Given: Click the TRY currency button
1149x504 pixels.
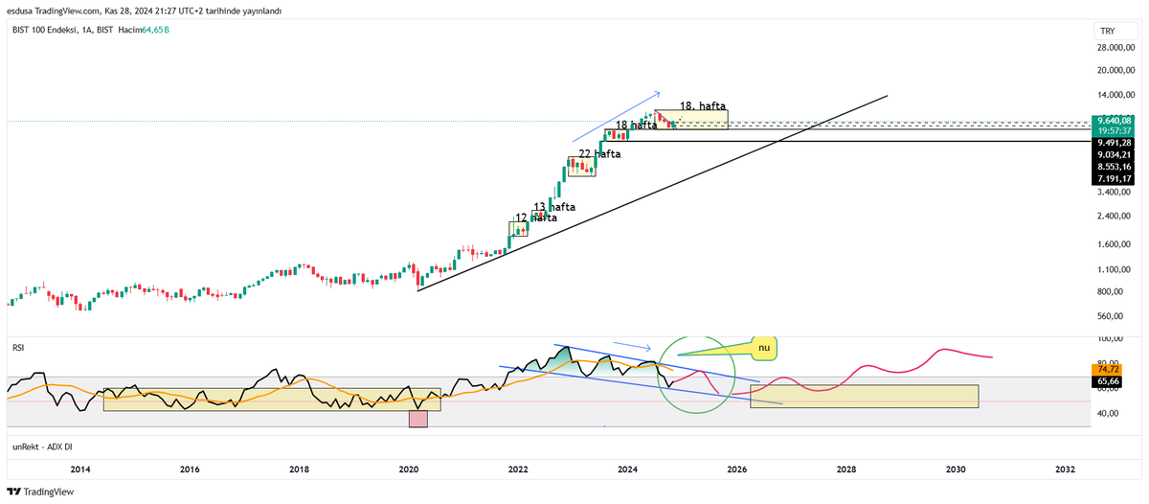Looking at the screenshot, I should (1107, 31).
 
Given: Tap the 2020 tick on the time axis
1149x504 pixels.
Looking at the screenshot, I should (409, 470).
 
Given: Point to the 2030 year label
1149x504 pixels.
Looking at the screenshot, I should (956, 470).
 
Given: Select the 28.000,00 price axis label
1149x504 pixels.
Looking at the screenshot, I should (1115, 47).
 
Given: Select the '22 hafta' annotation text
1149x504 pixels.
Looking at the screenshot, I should (599, 153).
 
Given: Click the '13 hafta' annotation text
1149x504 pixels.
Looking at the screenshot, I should (554, 207).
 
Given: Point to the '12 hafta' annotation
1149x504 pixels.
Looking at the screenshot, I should (536, 218).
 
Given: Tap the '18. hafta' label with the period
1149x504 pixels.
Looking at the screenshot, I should (704, 105).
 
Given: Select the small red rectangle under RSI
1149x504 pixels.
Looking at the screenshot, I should (417, 419).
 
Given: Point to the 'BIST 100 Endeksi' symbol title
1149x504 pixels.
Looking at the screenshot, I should (51, 31).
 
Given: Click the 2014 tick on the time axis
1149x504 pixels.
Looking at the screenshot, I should (80, 470).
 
